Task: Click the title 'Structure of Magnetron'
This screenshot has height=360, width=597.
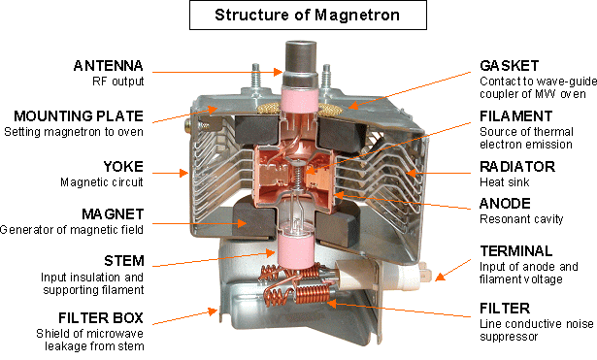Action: pyautogui.click(x=308, y=15)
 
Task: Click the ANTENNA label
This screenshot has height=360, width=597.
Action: pyautogui.click(x=109, y=66)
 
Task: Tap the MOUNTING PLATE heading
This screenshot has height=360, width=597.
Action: pyautogui.click(x=79, y=116)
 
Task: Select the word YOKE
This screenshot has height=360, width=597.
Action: pyautogui.click(x=123, y=166)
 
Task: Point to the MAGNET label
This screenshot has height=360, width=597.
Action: pyautogui.click(x=113, y=214)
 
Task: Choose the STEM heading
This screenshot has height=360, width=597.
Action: pyautogui.click(x=124, y=261)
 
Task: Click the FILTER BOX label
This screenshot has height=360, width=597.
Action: pyautogui.click(x=101, y=317)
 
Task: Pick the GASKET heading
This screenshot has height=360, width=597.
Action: pyautogui.click(x=510, y=66)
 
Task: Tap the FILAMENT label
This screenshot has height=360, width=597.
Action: pyautogui.click(x=515, y=116)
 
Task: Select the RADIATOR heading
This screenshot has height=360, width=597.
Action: pyautogui.click(x=517, y=166)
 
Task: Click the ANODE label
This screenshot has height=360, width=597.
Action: pyautogui.click(x=505, y=204)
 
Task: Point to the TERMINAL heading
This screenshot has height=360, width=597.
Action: pyautogui.click(x=515, y=251)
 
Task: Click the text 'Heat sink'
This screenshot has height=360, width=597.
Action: pyautogui.click(x=505, y=182)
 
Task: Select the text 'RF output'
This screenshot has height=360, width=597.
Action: pyautogui.click(x=118, y=82)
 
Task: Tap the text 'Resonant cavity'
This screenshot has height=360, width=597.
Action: pyautogui.click(x=521, y=219)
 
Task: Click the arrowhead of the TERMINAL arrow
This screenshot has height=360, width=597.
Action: pyautogui.click(x=439, y=278)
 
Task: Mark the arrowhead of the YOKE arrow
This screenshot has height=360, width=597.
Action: pyautogui.click(x=184, y=173)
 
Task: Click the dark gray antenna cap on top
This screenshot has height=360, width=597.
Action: pyautogui.click(x=301, y=56)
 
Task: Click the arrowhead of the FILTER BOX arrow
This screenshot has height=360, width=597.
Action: pyautogui.click(x=214, y=311)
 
